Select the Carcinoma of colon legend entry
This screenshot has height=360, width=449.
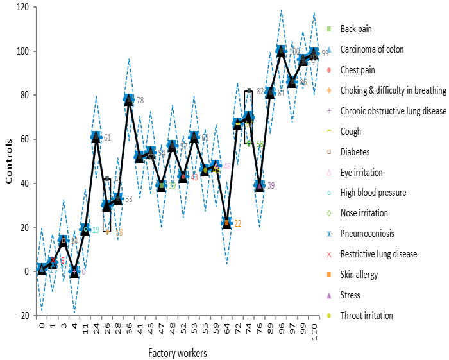[371, 49]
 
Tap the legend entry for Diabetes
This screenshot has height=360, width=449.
[355, 152]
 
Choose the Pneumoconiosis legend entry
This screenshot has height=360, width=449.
[368, 234]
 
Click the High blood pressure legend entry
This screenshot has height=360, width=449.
[373, 193]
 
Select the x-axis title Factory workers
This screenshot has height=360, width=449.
[178, 352]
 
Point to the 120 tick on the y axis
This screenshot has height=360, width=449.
[24, 8]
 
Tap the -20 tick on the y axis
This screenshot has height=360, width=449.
[24, 315]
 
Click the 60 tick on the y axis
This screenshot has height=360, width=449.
[26, 139]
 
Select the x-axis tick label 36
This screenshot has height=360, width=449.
[129, 331]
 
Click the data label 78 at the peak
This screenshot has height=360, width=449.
[140, 101]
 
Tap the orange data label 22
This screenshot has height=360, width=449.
[238, 224]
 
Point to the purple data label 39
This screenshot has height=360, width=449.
[271, 186]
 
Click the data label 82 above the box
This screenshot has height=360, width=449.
[260, 91]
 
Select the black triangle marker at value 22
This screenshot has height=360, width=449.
[226, 223]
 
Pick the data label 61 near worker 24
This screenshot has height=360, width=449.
[107, 137]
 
